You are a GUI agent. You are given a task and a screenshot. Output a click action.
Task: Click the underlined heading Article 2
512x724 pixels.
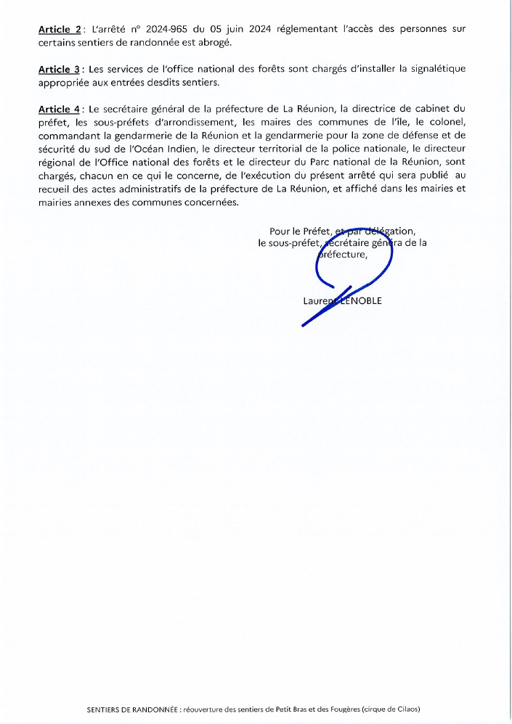(60, 30)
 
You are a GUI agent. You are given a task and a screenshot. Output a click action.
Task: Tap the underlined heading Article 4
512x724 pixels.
(60, 110)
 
